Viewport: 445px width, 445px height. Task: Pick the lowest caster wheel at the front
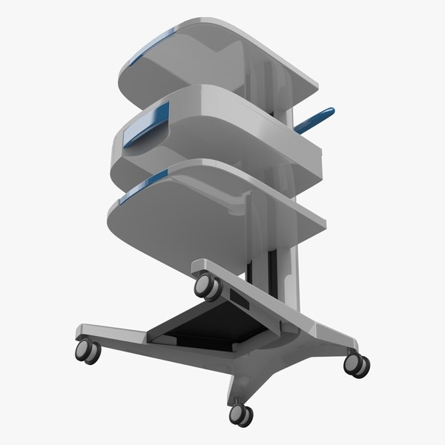(x=240, y=414)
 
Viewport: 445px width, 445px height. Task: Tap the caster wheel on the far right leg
(x=357, y=363)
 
